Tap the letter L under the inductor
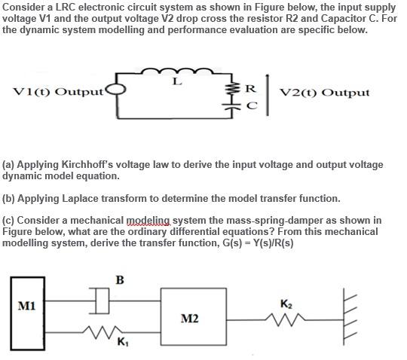click(x=176, y=82)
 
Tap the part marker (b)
click(x=11, y=199)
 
